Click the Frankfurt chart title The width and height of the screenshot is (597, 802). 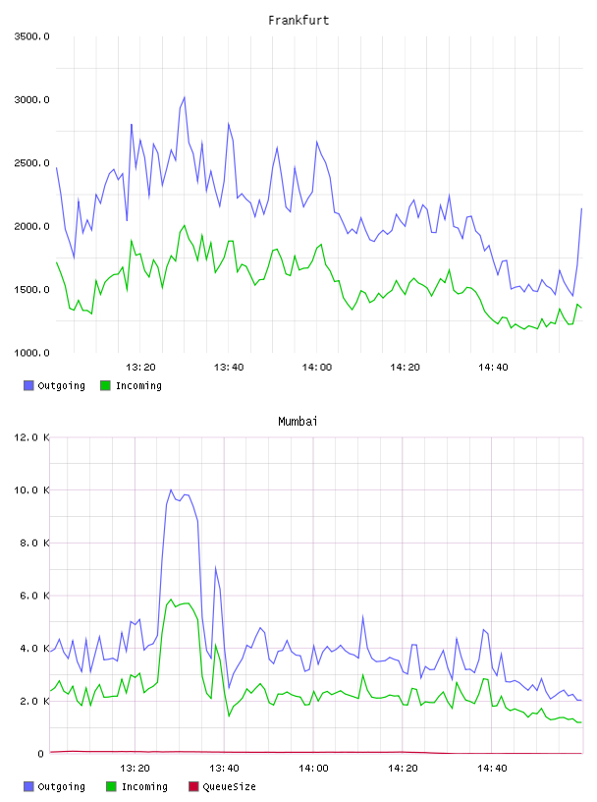(x=298, y=21)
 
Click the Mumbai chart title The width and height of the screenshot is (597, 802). (x=298, y=422)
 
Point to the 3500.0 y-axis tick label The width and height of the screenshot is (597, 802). (x=31, y=36)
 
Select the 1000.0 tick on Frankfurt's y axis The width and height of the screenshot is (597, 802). (x=31, y=353)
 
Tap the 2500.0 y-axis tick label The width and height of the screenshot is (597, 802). (x=31, y=163)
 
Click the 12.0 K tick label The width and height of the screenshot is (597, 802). (x=31, y=437)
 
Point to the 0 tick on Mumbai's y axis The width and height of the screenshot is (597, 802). (x=41, y=754)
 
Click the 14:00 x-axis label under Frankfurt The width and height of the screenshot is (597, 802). (x=317, y=368)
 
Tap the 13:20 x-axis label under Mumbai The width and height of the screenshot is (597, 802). (x=135, y=769)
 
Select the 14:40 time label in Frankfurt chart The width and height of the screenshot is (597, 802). (x=493, y=368)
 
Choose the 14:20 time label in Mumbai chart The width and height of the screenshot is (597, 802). (x=403, y=769)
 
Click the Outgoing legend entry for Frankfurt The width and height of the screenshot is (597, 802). (x=55, y=385)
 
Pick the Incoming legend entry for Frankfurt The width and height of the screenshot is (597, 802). (x=132, y=385)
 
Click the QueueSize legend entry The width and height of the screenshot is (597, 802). (x=222, y=786)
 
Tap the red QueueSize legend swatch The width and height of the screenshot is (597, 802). (x=193, y=786)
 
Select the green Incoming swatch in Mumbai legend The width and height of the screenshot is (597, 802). (x=111, y=786)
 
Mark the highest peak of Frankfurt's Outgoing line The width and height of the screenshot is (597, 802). (x=185, y=97)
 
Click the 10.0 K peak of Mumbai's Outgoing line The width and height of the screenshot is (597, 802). (x=171, y=490)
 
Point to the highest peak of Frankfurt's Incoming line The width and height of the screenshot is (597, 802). (x=185, y=226)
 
